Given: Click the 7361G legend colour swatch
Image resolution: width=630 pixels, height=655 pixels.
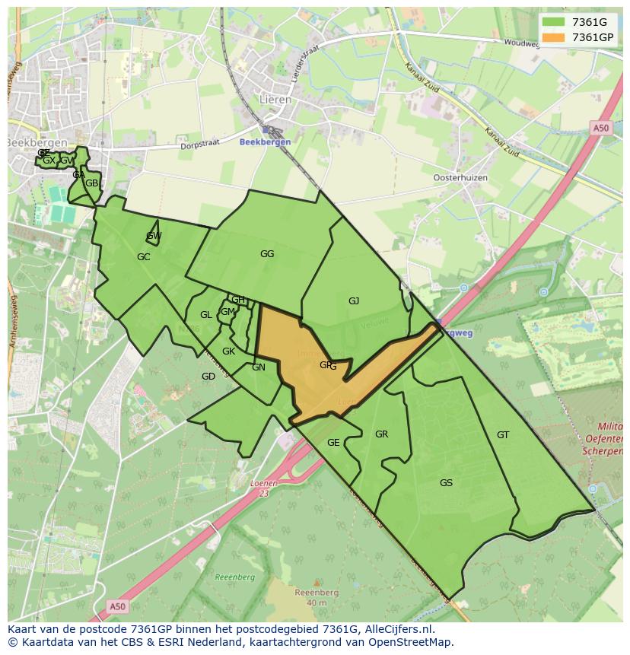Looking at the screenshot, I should coord(553,22).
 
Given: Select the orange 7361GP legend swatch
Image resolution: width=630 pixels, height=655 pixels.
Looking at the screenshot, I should coord(553,37).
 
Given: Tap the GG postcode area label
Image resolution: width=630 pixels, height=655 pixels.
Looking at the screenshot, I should coord(267,254).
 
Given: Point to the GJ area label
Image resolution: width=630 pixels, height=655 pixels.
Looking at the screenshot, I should coord(354,301).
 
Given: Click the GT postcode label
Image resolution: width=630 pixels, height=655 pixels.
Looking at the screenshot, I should coord(503,435).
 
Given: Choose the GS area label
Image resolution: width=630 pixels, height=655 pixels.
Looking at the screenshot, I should coord(446,483).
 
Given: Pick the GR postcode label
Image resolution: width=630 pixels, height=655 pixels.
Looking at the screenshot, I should coord(381,434).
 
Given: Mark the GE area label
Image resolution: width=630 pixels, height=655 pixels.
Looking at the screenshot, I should coord(333,443).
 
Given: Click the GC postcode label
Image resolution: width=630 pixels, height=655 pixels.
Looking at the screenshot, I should coord(144,257).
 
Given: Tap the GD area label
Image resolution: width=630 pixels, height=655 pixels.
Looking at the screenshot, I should coord(208,377).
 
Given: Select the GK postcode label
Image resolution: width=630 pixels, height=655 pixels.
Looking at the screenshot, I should coord(228,351).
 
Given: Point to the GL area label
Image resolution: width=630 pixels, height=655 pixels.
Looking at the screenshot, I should coord(206,315).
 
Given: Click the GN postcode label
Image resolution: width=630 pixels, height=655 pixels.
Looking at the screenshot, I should coord(259,367).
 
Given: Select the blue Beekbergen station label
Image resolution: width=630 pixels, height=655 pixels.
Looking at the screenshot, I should coord(265,142).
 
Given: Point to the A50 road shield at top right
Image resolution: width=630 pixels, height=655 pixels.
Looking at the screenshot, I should coord(601,129).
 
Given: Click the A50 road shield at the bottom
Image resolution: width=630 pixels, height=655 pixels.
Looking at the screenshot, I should coord(116,606).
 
